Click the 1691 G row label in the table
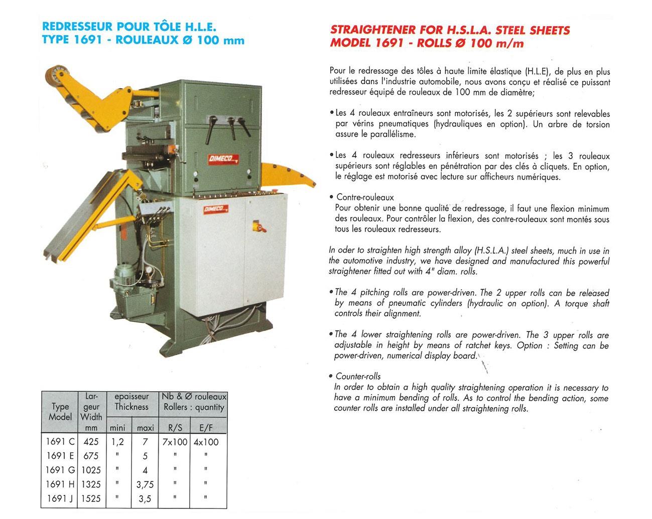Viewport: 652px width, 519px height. pos(60,470)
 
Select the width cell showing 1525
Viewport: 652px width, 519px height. pos(91,498)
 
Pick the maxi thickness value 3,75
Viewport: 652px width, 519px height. pos(145,484)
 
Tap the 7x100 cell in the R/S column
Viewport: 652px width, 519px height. pos(175,442)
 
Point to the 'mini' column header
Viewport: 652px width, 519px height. pos(117,428)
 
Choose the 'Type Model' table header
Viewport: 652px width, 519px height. pos(60,412)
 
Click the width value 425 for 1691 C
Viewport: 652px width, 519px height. pos(91,442)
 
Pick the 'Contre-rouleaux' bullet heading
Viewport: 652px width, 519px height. pos(365,197)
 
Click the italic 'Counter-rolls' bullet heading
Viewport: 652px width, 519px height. pos(358,376)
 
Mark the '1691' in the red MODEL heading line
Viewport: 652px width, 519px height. pos(389,43)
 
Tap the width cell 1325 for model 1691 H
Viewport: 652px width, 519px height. pos(91,484)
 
